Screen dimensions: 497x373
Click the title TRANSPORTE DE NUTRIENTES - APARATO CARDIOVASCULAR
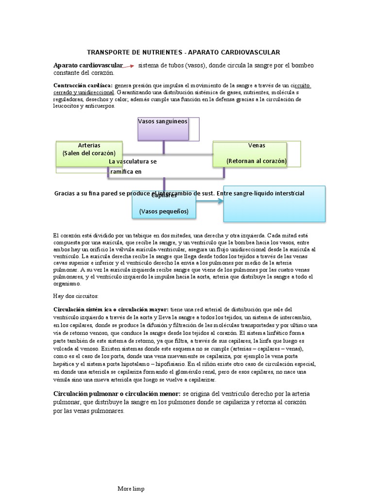(x=183, y=52)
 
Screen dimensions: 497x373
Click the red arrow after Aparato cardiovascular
(x=128, y=66)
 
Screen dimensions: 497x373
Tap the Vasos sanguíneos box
(x=168, y=129)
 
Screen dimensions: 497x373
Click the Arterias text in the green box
(x=89, y=146)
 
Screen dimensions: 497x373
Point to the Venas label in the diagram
(x=256, y=146)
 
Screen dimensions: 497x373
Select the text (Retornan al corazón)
(x=256, y=161)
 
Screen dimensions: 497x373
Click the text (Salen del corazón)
(x=89, y=153)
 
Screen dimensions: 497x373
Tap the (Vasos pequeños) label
(x=164, y=212)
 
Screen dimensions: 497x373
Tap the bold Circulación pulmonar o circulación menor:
(x=117, y=393)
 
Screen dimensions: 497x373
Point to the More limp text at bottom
(x=131, y=489)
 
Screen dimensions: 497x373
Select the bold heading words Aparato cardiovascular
(x=88, y=66)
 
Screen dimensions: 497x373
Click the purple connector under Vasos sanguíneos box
(x=164, y=147)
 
